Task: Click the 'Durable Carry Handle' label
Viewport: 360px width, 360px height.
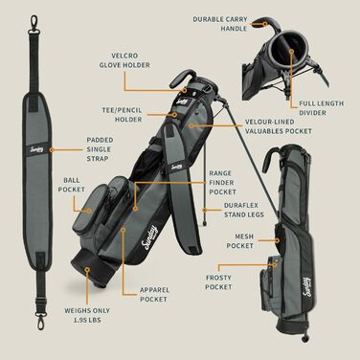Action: click(x=220, y=24)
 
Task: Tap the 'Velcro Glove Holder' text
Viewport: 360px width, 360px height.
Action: click(x=124, y=60)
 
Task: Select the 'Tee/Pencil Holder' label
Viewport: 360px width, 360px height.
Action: click(x=123, y=115)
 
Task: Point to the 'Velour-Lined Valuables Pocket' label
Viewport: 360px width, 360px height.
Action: click(x=279, y=126)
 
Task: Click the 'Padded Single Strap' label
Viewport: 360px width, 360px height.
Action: click(x=100, y=149)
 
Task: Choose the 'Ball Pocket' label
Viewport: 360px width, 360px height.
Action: click(x=71, y=185)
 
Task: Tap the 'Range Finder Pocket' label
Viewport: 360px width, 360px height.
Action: click(x=222, y=183)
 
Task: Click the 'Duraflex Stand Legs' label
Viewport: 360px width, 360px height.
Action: click(x=244, y=210)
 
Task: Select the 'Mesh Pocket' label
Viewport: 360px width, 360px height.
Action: click(x=240, y=241)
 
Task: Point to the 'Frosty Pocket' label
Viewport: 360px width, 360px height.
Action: click(x=218, y=282)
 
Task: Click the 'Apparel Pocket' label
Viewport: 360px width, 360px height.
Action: click(x=154, y=295)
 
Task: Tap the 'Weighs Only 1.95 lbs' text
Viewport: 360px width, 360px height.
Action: click(x=87, y=315)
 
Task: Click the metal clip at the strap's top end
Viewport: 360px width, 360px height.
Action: click(x=34, y=24)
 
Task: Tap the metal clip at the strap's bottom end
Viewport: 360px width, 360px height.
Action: click(x=40, y=320)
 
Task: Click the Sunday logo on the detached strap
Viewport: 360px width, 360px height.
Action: click(x=36, y=149)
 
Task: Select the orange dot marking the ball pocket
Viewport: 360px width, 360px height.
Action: click(x=90, y=211)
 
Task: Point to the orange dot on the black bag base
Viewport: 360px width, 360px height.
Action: click(x=87, y=269)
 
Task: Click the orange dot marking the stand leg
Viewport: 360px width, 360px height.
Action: click(x=205, y=210)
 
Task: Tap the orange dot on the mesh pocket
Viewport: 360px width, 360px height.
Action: click(x=278, y=240)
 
